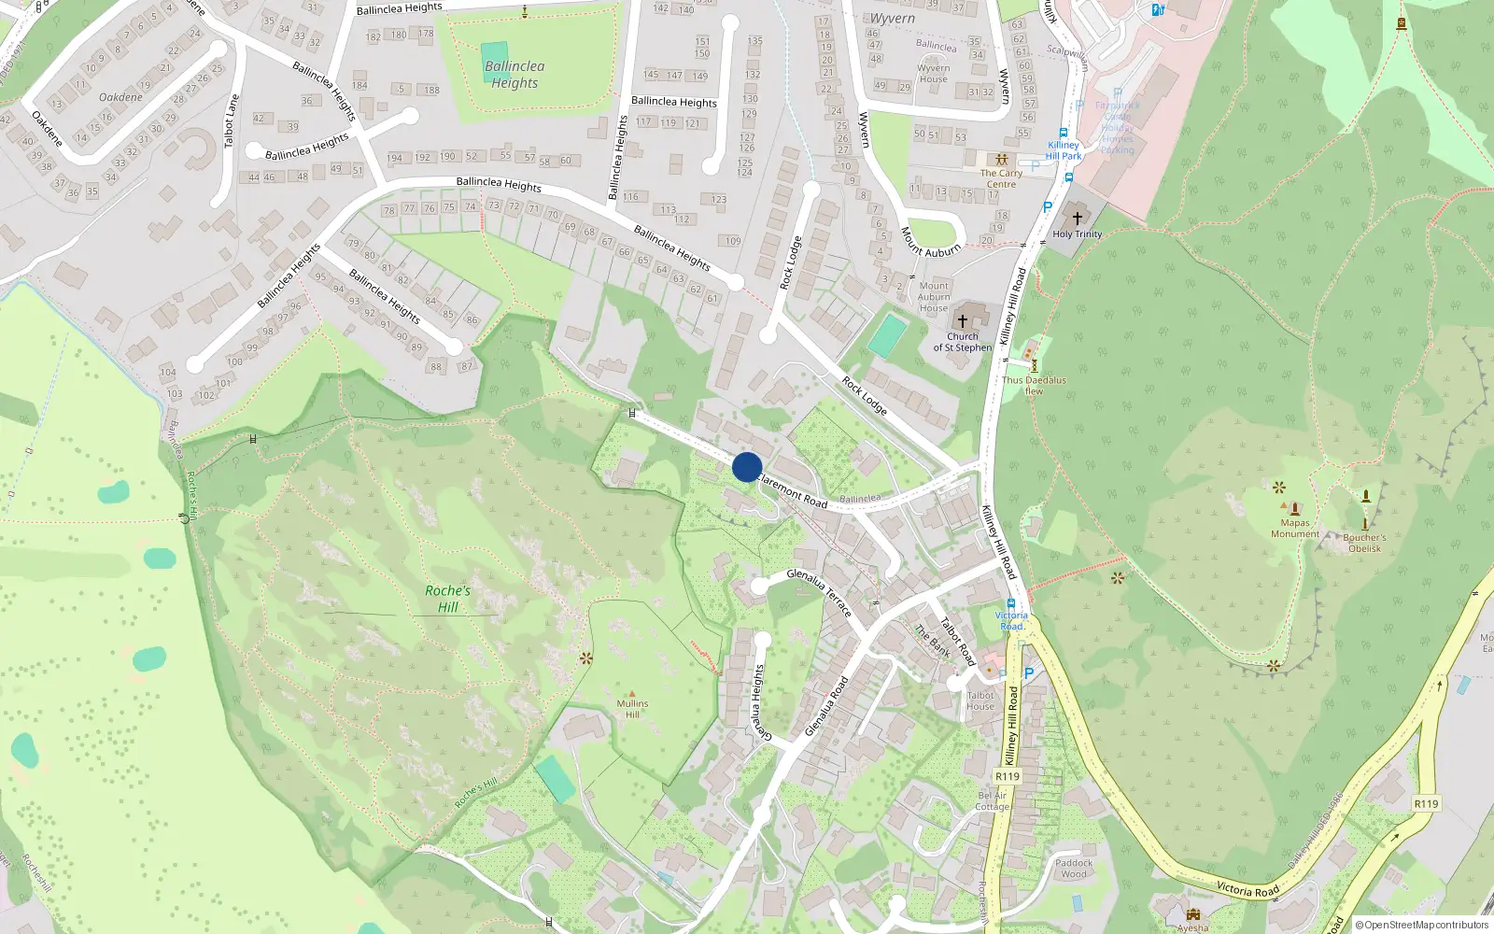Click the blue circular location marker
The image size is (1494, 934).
[747, 467]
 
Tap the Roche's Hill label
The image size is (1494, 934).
[447, 599]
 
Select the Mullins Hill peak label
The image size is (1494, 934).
[632, 709]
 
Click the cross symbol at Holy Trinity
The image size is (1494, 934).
[1077, 218]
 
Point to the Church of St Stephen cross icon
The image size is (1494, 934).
[963, 321]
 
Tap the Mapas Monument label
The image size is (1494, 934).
[1294, 529]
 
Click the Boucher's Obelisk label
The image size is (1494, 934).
[1364, 543]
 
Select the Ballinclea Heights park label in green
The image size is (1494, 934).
[514, 75]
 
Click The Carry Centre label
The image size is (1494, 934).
[1001, 178]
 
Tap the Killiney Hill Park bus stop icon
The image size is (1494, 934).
[1063, 133]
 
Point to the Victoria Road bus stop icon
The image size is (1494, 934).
[1010, 603]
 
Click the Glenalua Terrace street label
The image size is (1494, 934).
[819, 593]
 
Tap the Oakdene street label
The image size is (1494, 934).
[121, 97]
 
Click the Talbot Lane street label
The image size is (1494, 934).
[231, 120]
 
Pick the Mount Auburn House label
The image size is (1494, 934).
[933, 297]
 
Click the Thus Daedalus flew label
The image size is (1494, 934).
[1034, 386]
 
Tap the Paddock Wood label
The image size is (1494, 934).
[1074, 869]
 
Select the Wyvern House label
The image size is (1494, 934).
[933, 74]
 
